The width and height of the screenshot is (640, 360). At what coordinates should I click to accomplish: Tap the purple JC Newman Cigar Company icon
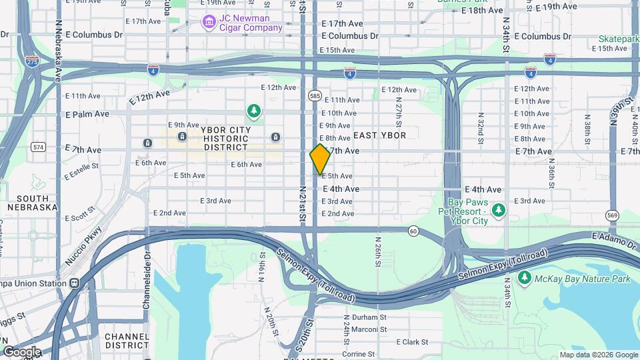tap(209, 23)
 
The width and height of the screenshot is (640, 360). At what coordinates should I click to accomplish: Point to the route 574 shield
tap(37, 147)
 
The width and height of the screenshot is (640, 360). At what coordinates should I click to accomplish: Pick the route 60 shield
tap(413, 231)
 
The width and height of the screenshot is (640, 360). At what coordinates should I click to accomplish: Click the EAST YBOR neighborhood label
tap(379, 135)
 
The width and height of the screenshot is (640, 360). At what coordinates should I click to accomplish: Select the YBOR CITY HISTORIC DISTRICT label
tap(226, 138)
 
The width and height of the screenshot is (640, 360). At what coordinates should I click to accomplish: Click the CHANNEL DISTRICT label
tap(127, 341)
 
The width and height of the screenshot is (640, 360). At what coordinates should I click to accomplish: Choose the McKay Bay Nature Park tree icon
tap(525, 277)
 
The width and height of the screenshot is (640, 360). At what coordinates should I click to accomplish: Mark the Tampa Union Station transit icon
tap(74, 283)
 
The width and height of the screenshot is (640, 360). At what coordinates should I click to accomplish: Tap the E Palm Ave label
tap(87, 114)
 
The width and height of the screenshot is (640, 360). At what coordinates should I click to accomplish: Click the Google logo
tap(22, 352)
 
